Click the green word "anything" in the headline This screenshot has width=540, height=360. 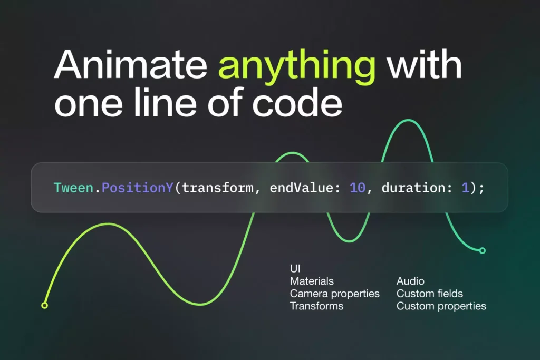[297, 67]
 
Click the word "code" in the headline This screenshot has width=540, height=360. [297, 102]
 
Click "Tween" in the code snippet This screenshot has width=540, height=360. [73, 188]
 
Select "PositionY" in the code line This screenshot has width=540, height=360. [137, 188]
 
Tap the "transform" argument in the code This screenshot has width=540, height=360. [218, 188]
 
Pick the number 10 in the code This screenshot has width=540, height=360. [357, 188]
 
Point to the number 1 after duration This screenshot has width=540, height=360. [465, 188]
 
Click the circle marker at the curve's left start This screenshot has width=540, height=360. [44, 305]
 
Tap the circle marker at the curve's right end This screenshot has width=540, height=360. [483, 250]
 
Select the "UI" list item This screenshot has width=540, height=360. [295, 268]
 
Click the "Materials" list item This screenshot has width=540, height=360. [312, 281]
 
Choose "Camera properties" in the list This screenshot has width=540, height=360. [335, 294]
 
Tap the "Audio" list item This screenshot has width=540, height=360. [410, 281]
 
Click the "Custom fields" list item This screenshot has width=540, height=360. [429, 294]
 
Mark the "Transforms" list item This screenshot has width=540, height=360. [316, 306]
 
